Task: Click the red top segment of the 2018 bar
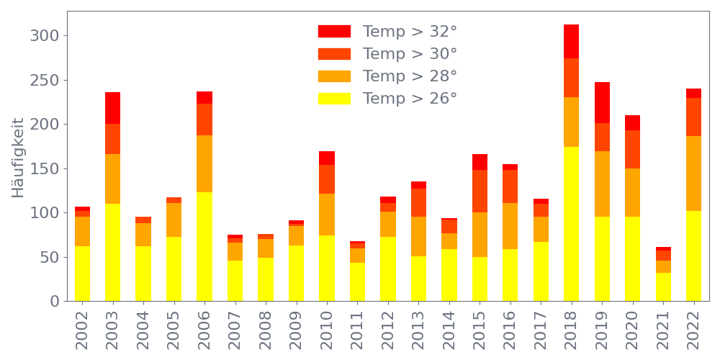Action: pyautogui.click(x=571, y=41)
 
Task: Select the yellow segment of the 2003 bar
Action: pyautogui.click(x=112, y=252)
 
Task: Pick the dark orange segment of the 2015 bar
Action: pyautogui.click(x=480, y=191)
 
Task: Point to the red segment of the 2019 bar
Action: pyautogui.click(x=602, y=102)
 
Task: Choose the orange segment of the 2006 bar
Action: pyautogui.click(x=204, y=163)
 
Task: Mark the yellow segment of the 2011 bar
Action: pyautogui.click(x=357, y=282)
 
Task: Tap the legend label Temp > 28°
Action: pyautogui.click(x=410, y=76)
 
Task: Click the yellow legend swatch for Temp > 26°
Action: pyautogui.click(x=334, y=99)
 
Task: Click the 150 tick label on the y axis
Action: pyautogui.click(x=46, y=168)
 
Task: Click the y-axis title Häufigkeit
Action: pyautogui.click(x=18, y=158)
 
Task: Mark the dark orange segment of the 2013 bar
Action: pyautogui.click(x=418, y=202)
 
